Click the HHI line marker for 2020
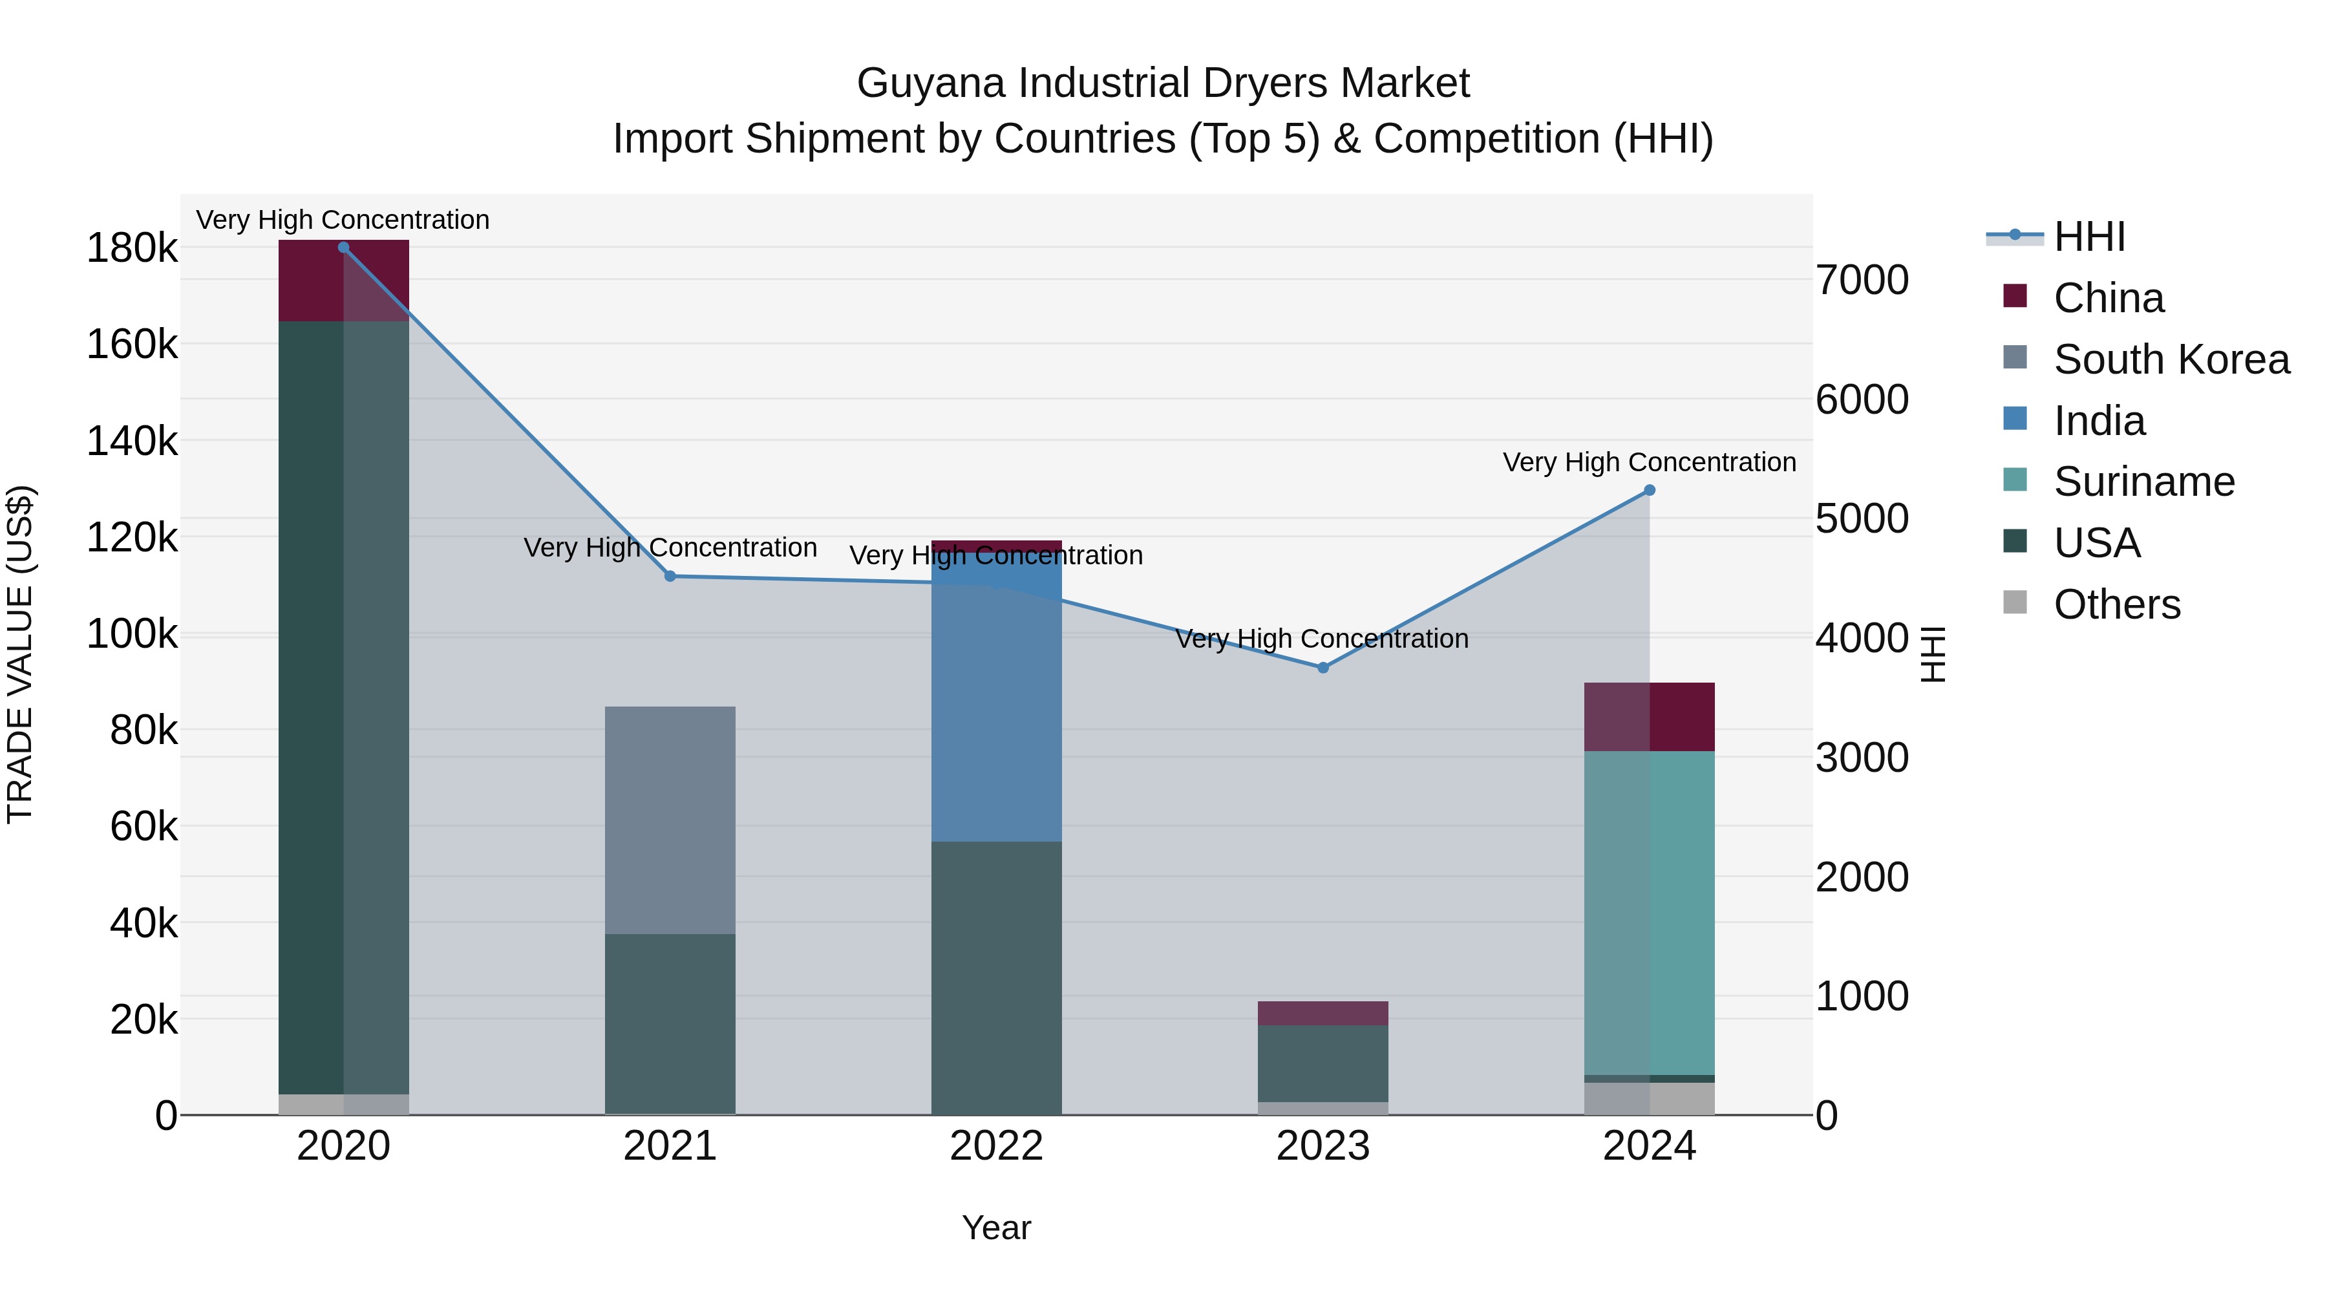343,248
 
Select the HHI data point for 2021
670,577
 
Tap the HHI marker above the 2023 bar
1323,668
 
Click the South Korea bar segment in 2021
670,820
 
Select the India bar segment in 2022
996,696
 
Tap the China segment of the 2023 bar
1323,1013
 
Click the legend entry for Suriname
2143,482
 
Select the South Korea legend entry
2171,359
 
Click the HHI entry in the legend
2088,237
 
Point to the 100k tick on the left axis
132,634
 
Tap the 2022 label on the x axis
996,1146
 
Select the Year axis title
996,1228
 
